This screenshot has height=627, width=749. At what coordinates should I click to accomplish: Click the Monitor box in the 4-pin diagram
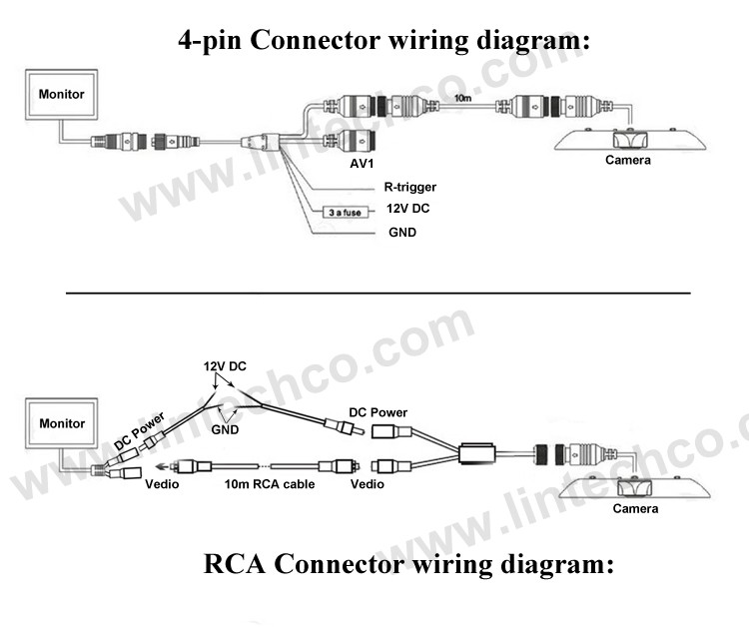62,95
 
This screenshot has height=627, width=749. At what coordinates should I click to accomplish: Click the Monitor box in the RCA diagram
62,423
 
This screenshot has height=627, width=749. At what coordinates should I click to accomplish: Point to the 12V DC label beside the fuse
407,210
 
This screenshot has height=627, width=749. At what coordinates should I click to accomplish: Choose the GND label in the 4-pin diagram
401,233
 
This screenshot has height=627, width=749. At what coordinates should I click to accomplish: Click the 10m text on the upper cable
462,97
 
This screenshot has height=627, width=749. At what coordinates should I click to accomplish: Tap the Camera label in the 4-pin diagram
628,160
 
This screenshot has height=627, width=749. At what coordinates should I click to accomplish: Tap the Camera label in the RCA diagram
635,508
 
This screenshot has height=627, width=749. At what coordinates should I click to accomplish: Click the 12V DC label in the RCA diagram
225,366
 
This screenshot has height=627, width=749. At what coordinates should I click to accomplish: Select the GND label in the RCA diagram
227,428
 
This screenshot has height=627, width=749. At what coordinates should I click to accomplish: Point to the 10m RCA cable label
269,484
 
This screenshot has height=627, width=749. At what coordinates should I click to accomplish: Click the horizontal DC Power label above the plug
377,412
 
